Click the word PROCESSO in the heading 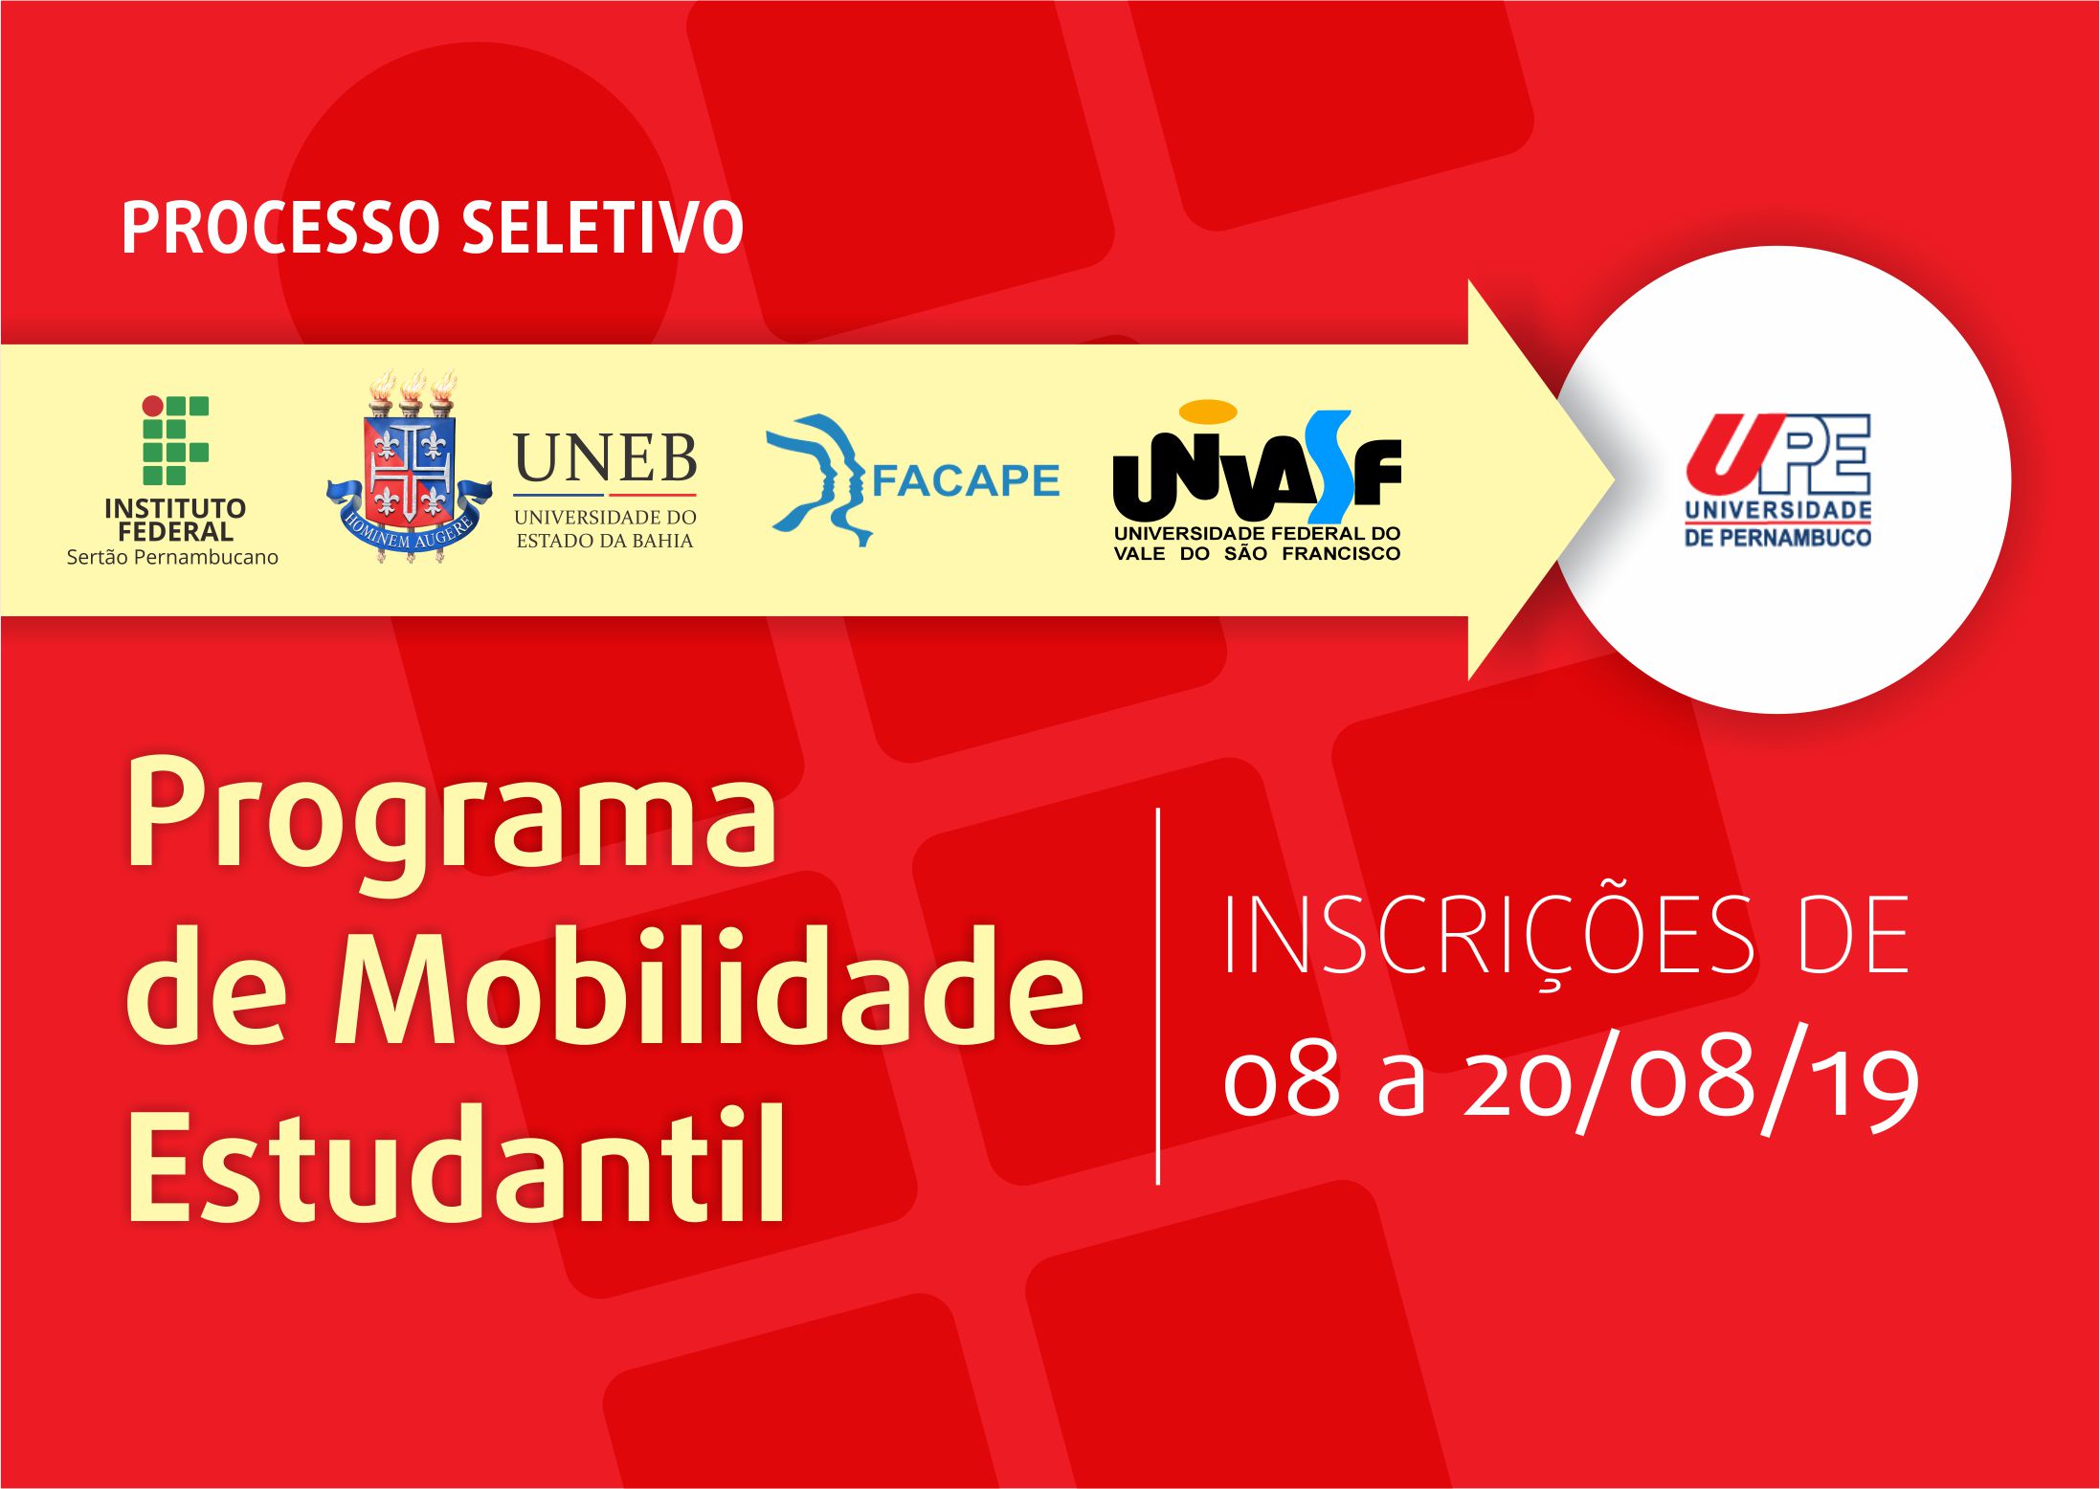coord(279,228)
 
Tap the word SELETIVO coord(603,228)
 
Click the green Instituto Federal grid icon coord(176,440)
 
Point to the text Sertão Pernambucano coord(172,557)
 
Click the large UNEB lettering coord(605,458)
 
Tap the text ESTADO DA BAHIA coord(605,541)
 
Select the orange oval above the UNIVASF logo coord(1208,411)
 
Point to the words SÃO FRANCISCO coord(1312,553)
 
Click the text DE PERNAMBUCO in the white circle coord(1778,537)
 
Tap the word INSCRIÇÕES coord(1489,938)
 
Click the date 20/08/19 coord(1691,1083)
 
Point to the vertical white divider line coord(1158,996)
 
